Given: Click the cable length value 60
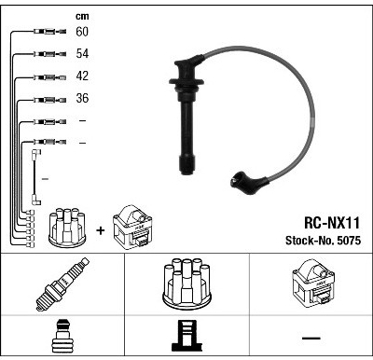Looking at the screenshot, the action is point(82,32).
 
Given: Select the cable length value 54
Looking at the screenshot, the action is point(82,53).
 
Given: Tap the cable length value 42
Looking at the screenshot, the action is point(82,76).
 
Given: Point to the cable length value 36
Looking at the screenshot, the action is point(82,98).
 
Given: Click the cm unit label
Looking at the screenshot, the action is point(82,16).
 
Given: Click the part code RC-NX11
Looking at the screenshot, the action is point(332,223).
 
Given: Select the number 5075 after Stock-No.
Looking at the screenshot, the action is point(349,241).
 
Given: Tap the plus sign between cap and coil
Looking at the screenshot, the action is point(101,230).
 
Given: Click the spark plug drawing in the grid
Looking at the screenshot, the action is point(62,284).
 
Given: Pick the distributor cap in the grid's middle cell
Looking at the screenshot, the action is point(186,284).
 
